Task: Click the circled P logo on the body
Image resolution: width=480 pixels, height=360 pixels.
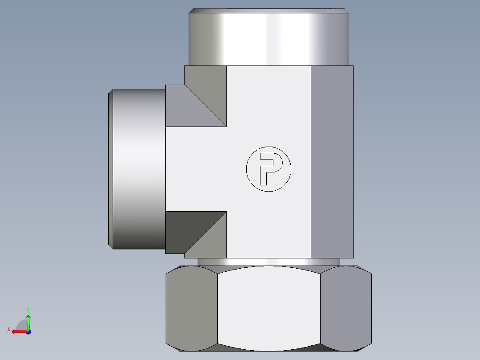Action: point(268,169)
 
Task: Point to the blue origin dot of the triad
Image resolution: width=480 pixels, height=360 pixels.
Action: point(28,331)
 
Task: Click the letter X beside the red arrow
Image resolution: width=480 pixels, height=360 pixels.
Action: point(8,329)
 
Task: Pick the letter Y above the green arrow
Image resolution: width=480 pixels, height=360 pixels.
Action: point(28,309)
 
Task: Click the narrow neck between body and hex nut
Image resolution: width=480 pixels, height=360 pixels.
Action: point(268,262)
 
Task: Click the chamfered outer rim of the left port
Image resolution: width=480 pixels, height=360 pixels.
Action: point(110,168)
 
